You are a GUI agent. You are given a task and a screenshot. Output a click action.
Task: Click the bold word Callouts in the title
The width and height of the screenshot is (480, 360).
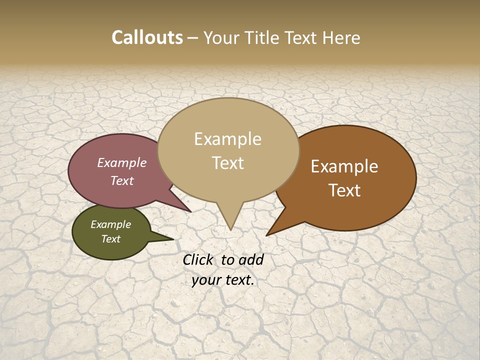point(147,37)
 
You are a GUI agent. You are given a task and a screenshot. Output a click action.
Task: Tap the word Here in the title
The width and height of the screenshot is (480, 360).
point(341,37)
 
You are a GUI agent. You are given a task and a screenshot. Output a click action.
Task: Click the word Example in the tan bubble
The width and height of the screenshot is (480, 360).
point(227,139)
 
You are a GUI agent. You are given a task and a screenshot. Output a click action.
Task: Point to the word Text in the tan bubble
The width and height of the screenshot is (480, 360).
point(227,163)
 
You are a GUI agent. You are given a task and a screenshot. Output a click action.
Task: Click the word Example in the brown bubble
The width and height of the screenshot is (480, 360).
point(344,166)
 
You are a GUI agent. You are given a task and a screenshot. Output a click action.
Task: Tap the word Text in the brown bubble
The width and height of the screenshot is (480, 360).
point(344,190)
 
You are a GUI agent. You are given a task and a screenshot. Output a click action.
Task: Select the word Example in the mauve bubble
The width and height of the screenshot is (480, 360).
point(122,162)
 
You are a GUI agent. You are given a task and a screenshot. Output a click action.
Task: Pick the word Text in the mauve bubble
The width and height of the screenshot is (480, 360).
point(122,180)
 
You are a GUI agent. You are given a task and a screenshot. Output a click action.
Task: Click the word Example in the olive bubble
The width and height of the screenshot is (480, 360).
point(110,224)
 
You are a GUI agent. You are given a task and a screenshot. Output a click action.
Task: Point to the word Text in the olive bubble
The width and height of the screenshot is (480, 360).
point(110,239)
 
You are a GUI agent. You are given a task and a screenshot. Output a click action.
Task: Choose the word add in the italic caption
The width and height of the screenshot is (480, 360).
point(251,259)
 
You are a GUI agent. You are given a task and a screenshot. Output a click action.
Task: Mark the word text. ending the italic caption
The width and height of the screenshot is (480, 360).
point(239,280)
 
